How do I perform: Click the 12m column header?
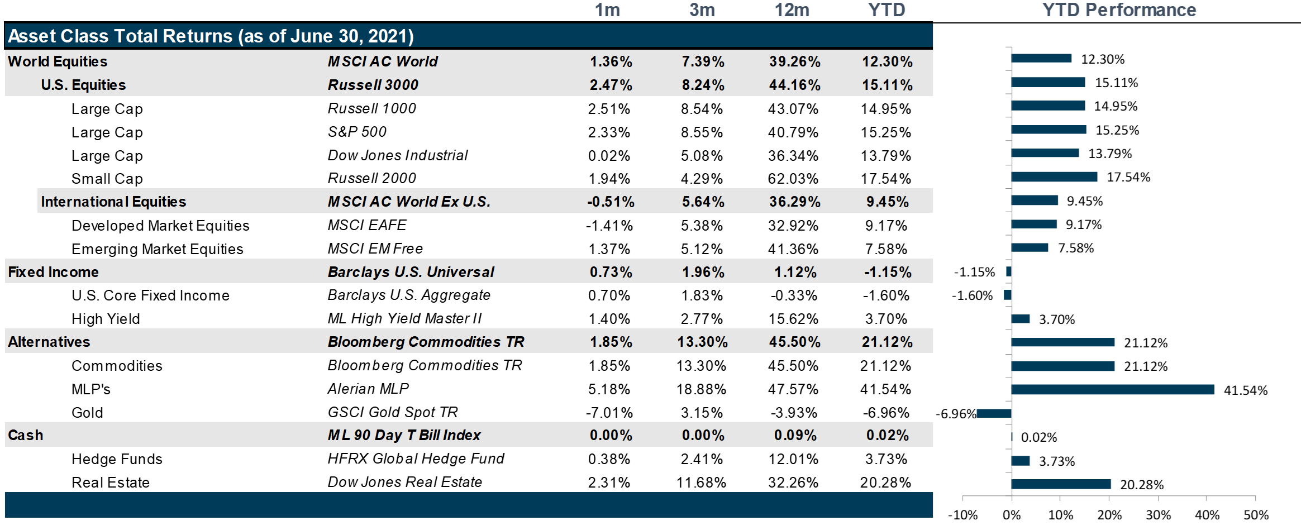pos(792,10)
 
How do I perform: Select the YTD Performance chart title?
pos(1119,10)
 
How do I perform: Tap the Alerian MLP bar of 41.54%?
pos(1112,389)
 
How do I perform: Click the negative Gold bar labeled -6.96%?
pos(994,413)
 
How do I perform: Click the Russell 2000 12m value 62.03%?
pos(793,179)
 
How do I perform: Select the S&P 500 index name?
pos(357,132)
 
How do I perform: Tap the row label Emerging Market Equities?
pos(157,249)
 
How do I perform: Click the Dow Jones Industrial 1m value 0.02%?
pos(609,156)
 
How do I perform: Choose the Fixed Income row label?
pos(53,272)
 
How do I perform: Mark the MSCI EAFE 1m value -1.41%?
pos(609,226)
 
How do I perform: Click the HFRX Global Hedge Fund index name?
pos(416,459)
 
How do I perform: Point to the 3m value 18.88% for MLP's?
pos(701,389)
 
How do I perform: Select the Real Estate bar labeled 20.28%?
pos(1061,484)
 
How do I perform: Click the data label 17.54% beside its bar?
pos(1128,177)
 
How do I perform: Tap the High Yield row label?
pos(106,319)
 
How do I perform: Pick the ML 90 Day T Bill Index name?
pos(404,435)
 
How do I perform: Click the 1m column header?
pos(607,10)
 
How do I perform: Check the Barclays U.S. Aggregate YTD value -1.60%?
pos(886,295)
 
